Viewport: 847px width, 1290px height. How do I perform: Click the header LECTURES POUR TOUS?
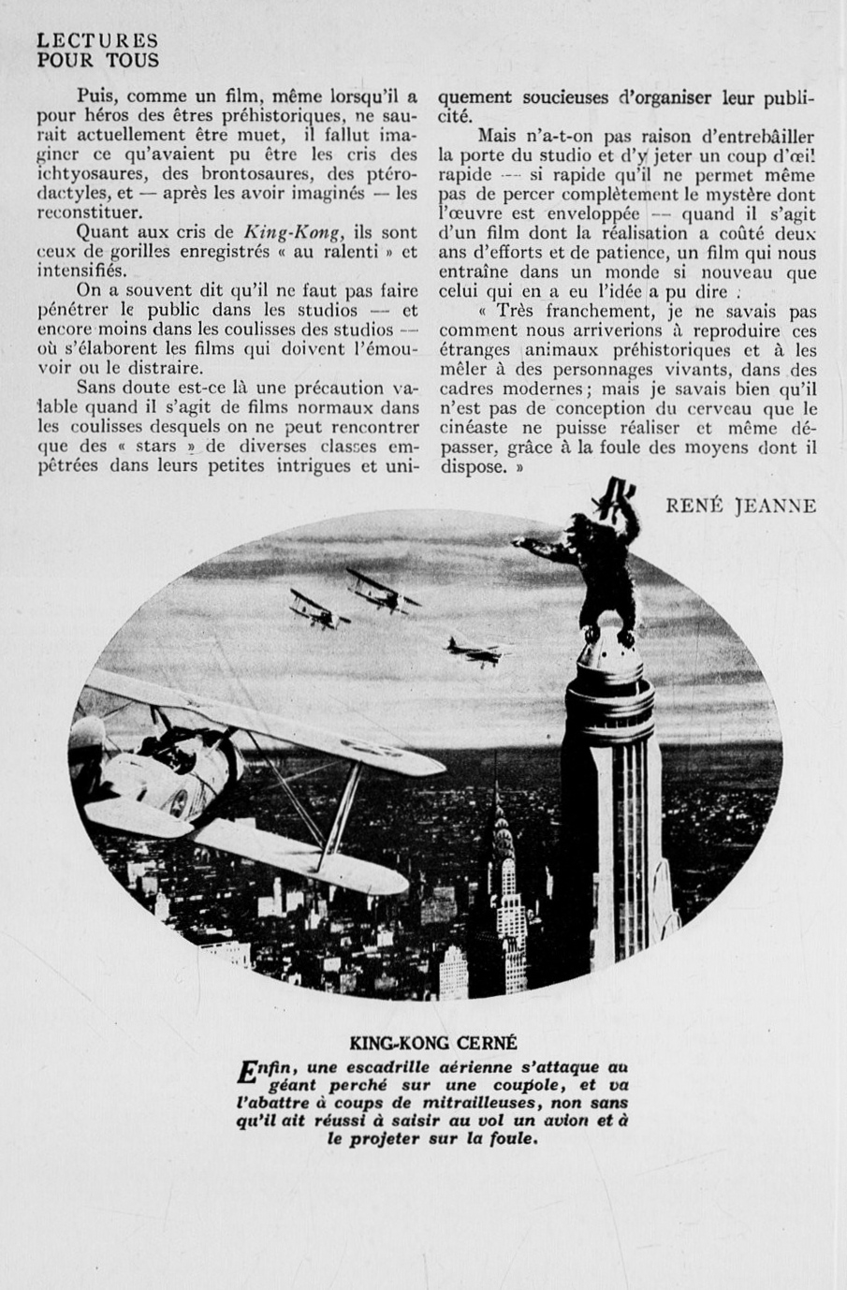click(97, 51)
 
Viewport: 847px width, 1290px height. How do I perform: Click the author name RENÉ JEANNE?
click(740, 506)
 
